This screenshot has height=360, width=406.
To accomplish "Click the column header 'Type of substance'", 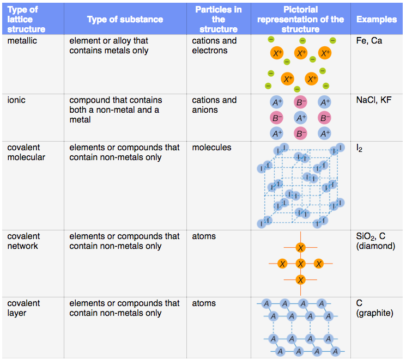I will (x=125, y=20).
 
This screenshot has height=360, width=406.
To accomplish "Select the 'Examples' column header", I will (x=377, y=20).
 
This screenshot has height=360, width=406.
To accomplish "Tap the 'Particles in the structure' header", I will (x=218, y=20).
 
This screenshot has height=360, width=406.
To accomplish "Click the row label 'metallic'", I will (x=22, y=41).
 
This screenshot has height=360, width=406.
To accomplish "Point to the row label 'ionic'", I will (x=16, y=100).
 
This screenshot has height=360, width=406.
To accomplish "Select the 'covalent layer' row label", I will (x=23, y=308).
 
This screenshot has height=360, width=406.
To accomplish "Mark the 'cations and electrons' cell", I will (x=214, y=46).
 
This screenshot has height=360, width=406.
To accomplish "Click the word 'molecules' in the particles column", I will (x=211, y=148).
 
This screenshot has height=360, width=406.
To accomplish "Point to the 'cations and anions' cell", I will (x=214, y=105).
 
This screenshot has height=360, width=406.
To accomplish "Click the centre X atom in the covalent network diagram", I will (x=300, y=264).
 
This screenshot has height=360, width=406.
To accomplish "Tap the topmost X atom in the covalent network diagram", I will (x=300, y=248).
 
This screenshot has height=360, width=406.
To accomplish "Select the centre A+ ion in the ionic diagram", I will (x=300, y=118).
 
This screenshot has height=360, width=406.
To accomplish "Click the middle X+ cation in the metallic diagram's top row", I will (x=301, y=53).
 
